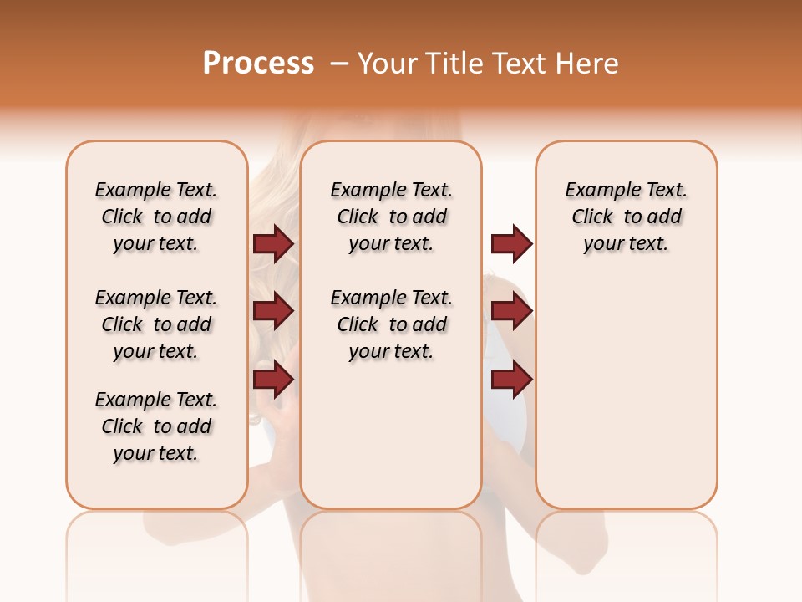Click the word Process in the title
258,64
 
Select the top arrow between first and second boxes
273,243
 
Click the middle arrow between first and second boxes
273,312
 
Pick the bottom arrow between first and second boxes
273,380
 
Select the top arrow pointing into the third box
511,243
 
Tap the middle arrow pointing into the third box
511,312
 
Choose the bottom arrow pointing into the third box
511,380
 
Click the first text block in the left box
156,217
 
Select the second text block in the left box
156,324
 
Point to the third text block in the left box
156,426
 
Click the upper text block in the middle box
391,217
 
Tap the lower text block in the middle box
391,324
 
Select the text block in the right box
626,217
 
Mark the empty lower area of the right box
626,393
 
